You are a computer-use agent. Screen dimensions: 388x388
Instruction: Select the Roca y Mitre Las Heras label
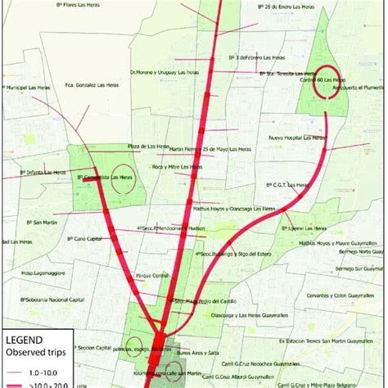click(178, 166)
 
